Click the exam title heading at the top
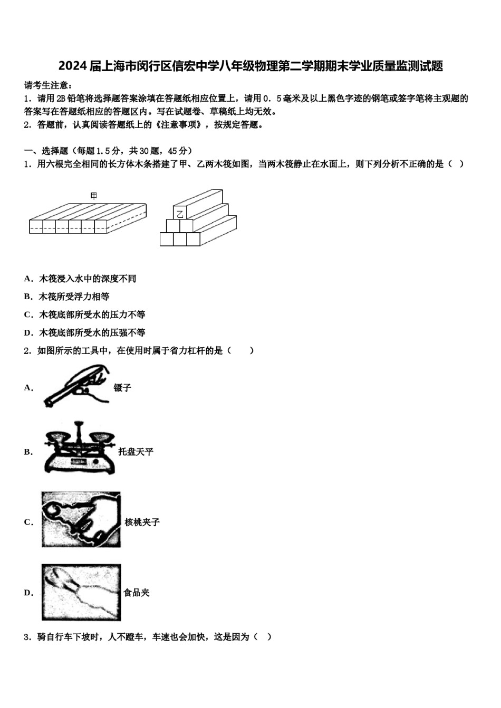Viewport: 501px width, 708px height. (x=250, y=66)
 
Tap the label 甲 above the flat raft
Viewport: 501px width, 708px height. (x=94, y=196)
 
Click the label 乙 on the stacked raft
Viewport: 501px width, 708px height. (x=180, y=213)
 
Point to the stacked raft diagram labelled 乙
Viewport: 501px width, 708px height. (x=198, y=219)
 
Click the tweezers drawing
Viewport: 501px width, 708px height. (x=77, y=386)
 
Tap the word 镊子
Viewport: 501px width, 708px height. (x=122, y=388)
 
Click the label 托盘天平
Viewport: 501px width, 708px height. (x=136, y=451)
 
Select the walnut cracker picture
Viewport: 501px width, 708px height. (x=81, y=520)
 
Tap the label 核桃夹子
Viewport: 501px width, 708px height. (x=142, y=522)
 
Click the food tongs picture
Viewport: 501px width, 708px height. (x=81, y=592)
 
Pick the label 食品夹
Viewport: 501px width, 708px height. (x=137, y=593)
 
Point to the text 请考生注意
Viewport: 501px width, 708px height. (x=48, y=85)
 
